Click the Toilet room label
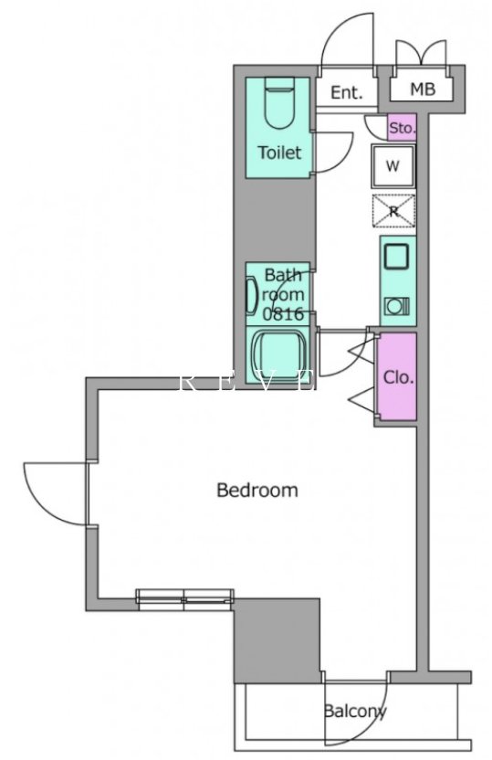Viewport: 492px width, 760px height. click(279, 153)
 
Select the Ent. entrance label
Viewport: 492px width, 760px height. click(347, 92)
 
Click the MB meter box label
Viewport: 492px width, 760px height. click(423, 89)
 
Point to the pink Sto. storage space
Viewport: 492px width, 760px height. click(402, 128)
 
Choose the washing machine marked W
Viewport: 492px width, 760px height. click(393, 166)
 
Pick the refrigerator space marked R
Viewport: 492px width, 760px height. click(393, 211)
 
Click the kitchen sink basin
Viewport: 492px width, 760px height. click(396, 257)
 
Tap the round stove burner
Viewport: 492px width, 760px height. click(396, 306)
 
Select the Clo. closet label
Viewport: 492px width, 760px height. click(398, 377)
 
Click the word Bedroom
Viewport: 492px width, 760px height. click(257, 490)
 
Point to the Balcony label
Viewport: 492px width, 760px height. click(355, 712)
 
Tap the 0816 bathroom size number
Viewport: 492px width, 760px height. click(283, 314)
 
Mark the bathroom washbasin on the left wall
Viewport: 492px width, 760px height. click(252, 295)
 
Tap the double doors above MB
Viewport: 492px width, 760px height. click(420, 51)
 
